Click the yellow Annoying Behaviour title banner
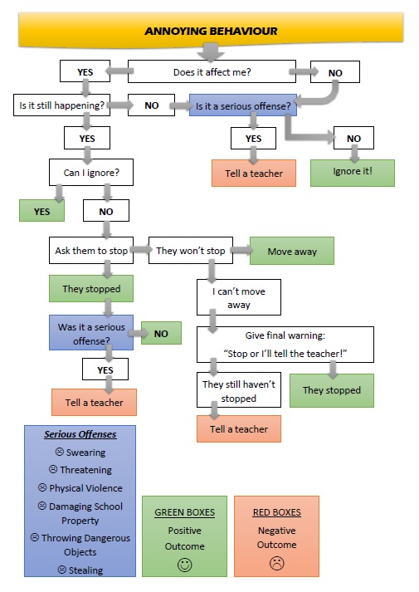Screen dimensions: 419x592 pyautogui.click(x=211, y=30)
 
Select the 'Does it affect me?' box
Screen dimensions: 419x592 pyautogui.click(x=212, y=71)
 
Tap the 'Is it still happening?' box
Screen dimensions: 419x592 pyautogui.click(x=62, y=105)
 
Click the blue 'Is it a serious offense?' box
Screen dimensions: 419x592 pyautogui.click(x=243, y=105)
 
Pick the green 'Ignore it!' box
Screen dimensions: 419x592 pyautogui.click(x=353, y=173)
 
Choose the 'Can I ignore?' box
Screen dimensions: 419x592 pyautogui.click(x=91, y=172)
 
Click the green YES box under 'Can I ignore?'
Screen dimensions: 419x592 pyautogui.click(x=41, y=211)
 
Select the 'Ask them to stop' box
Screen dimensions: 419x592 pyautogui.click(x=91, y=250)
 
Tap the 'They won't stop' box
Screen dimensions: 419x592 pyautogui.click(x=191, y=250)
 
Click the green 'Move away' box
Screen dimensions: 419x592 pyautogui.click(x=292, y=251)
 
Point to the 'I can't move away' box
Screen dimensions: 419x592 pyautogui.click(x=239, y=297)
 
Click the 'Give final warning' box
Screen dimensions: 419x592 pyautogui.click(x=285, y=345)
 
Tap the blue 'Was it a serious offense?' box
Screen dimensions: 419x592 pyautogui.click(x=91, y=333)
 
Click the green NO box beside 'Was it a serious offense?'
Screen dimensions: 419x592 pyautogui.click(x=161, y=333)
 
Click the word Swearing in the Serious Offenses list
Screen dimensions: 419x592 pyautogui.click(x=85, y=452)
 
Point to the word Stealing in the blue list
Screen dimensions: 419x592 pyautogui.click(x=85, y=570)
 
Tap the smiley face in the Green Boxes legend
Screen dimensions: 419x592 pyautogui.click(x=184, y=565)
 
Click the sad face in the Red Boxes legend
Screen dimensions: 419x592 pyautogui.click(x=276, y=563)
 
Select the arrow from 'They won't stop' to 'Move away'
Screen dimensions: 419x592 pyautogui.click(x=241, y=250)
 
